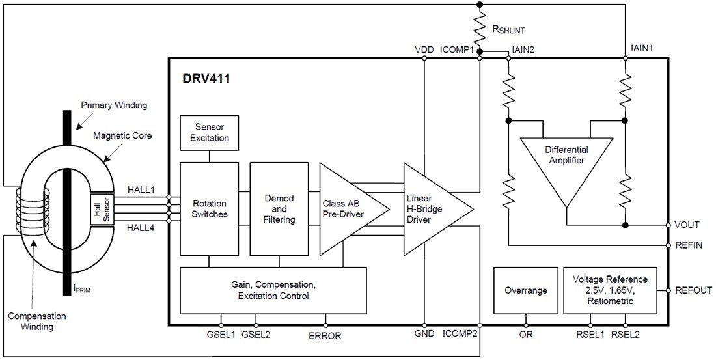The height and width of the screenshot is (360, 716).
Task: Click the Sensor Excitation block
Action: (x=208, y=133)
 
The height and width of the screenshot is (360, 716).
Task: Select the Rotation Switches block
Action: (x=208, y=208)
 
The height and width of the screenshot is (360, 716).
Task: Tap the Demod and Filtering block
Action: (x=279, y=208)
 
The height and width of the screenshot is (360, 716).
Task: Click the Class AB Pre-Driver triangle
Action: (x=342, y=208)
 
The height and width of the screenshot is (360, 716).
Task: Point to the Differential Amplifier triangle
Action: (x=565, y=163)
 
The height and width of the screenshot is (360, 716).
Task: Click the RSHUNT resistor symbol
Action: (x=480, y=29)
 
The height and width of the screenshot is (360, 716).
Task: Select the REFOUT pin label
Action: (x=693, y=290)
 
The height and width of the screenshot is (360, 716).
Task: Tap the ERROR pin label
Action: (x=325, y=336)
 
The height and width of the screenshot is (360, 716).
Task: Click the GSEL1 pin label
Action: (x=221, y=335)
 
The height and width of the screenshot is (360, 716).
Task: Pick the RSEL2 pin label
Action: (x=626, y=336)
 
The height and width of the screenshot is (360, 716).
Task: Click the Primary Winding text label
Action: (x=114, y=104)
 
